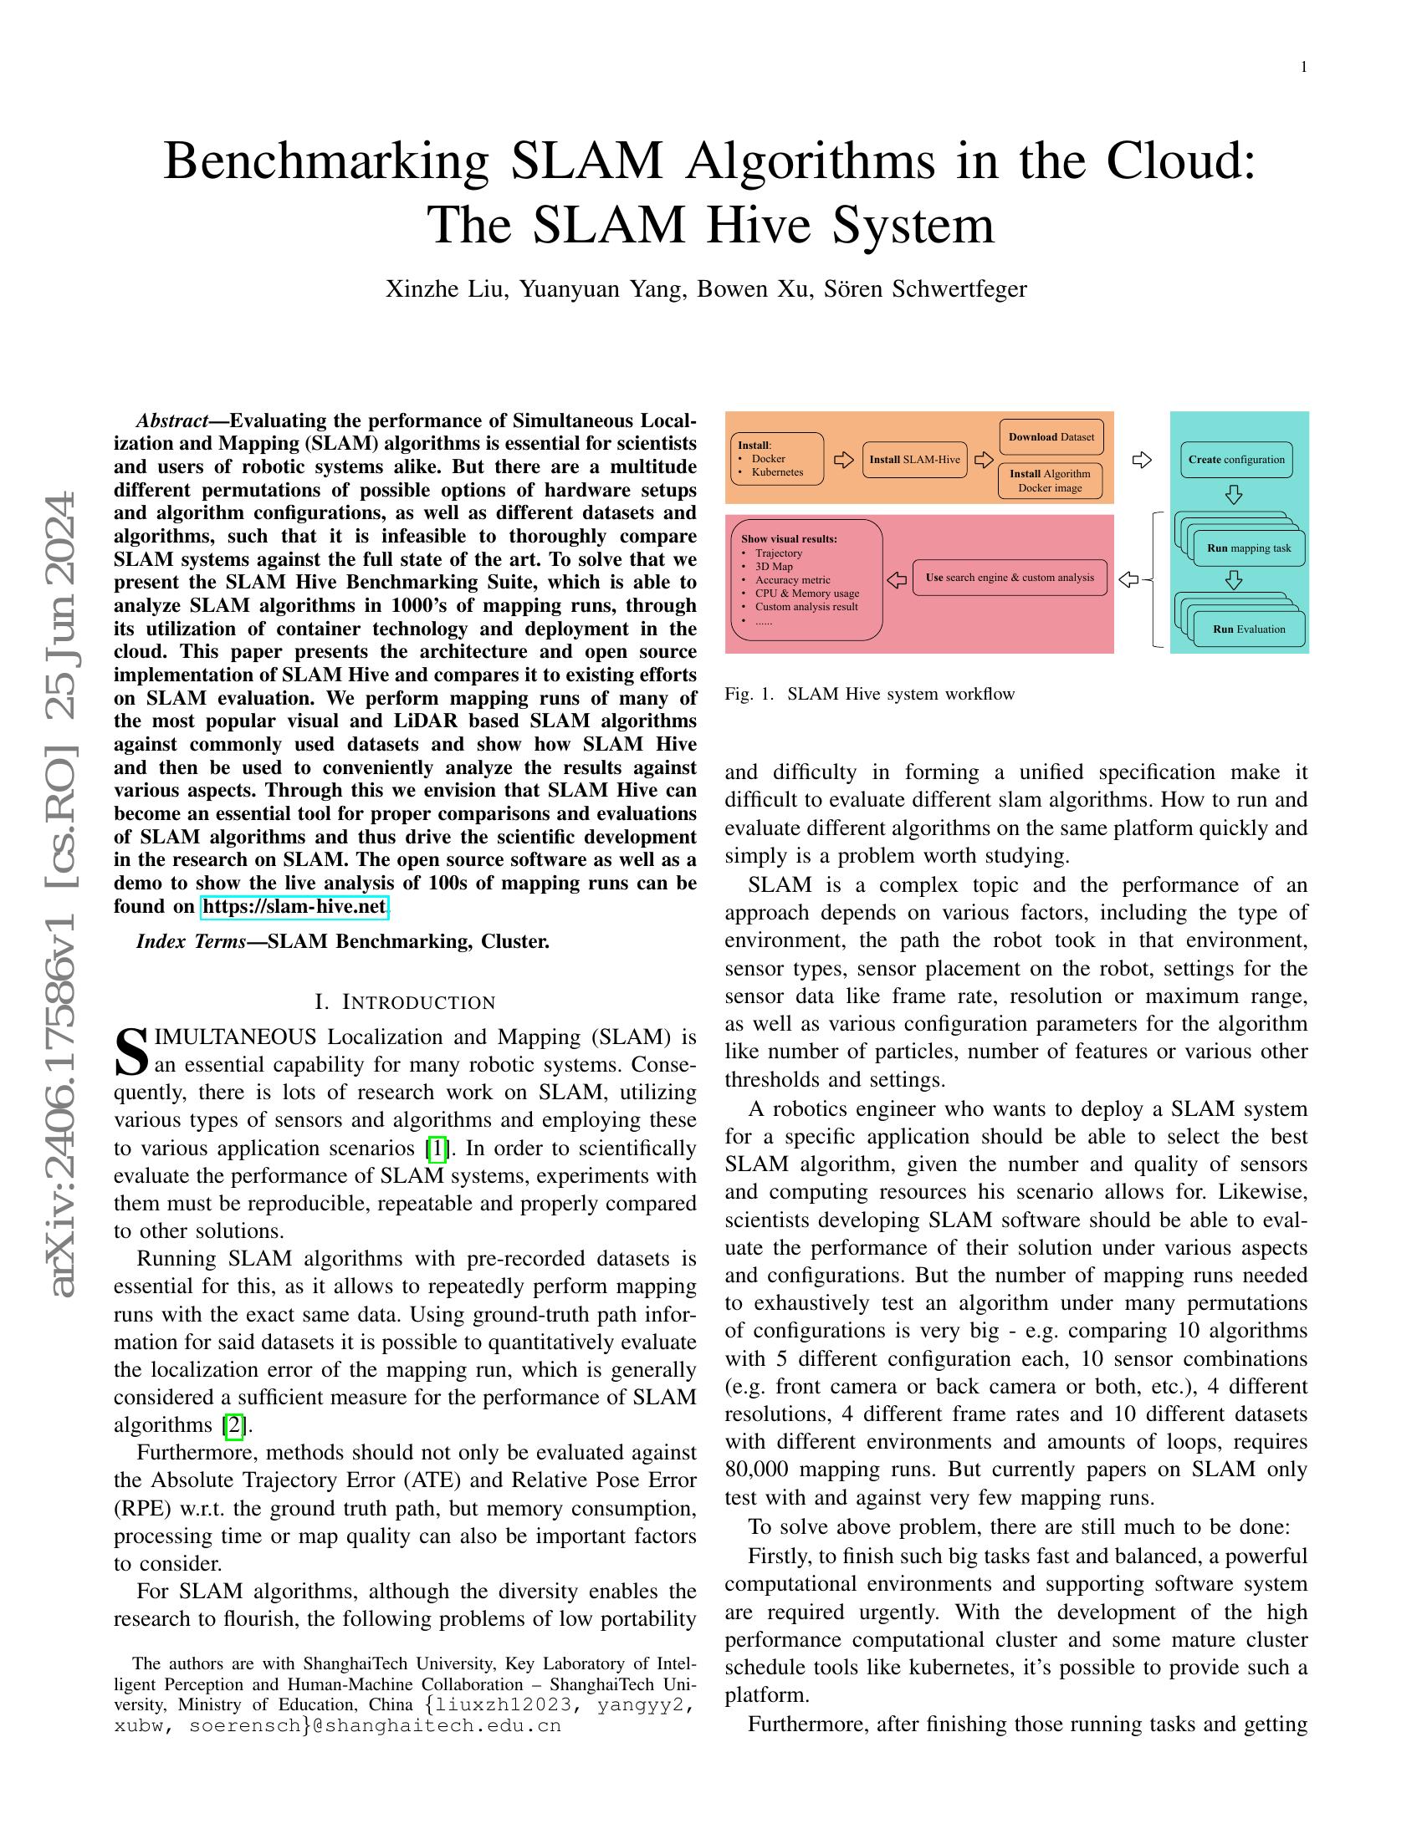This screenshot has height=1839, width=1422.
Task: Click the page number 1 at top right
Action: point(1304,68)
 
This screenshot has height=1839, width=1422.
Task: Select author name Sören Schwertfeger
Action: point(925,289)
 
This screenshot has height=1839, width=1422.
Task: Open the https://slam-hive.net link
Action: point(294,907)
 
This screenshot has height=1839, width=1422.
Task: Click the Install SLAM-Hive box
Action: point(914,460)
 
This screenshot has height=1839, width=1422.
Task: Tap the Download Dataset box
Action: point(1051,437)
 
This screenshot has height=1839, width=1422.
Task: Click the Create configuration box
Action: point(1235,460)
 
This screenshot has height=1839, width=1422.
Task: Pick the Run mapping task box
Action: point(1249,548)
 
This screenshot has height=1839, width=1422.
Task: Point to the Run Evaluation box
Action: point(1249,629)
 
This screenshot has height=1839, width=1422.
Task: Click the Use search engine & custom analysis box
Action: point(1010,578)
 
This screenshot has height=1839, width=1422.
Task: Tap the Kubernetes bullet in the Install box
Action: point(778,472)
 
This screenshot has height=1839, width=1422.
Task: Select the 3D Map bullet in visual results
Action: point(774,567)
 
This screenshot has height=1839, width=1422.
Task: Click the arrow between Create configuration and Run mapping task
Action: point(1234,494)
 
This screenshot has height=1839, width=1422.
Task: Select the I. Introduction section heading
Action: point(404,1002)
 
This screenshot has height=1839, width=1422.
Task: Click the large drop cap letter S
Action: point(131,1052)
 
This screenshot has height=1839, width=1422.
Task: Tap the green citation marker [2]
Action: point(233,1425)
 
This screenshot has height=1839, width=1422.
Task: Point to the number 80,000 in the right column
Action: point(755,1470)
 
